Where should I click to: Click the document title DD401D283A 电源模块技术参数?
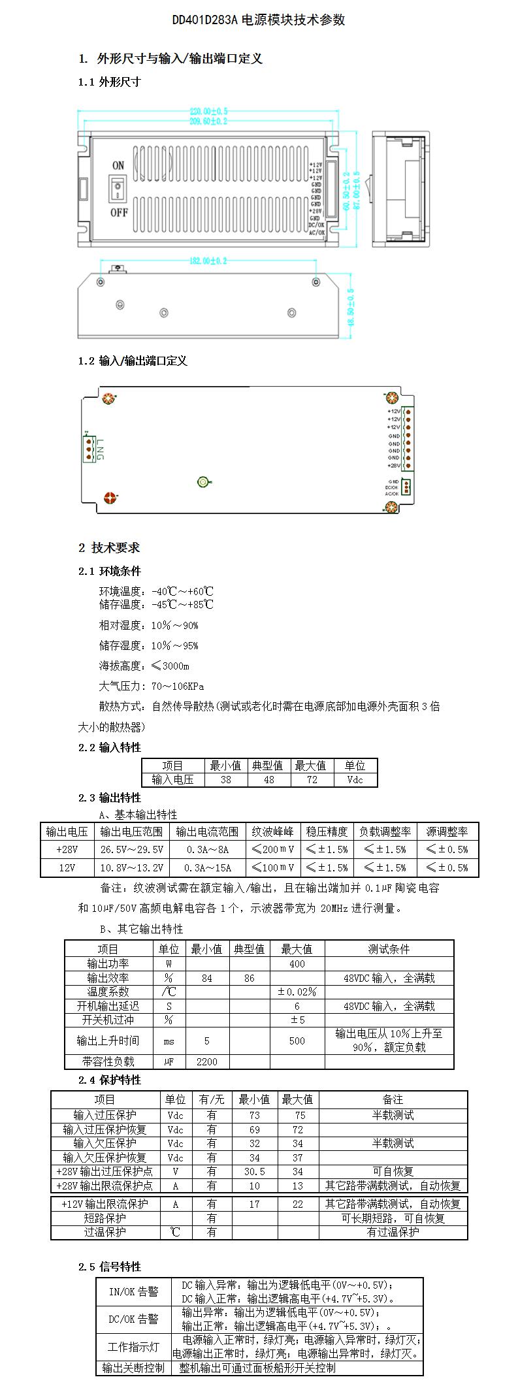pos(259,20)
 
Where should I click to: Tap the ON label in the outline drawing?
pos(118,165)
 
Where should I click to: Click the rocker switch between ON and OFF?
pos(118,188)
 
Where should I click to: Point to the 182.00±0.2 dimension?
pos(208,261)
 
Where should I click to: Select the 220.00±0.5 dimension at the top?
pos(208,111)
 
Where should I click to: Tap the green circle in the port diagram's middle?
pos(203,483)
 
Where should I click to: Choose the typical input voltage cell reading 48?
pos(268,779)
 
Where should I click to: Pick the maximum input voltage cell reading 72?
pos(312,779)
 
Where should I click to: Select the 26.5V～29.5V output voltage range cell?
pos(132,849)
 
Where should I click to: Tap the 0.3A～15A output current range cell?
pos(208,867)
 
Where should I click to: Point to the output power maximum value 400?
pos(297,963)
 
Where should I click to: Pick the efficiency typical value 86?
pos(250,978)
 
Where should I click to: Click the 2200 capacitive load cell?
pos(207,1061)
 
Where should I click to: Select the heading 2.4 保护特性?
pos(110,1080)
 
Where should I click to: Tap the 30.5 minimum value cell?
pos(254,1171)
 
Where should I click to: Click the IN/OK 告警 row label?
pos(134,1291)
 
